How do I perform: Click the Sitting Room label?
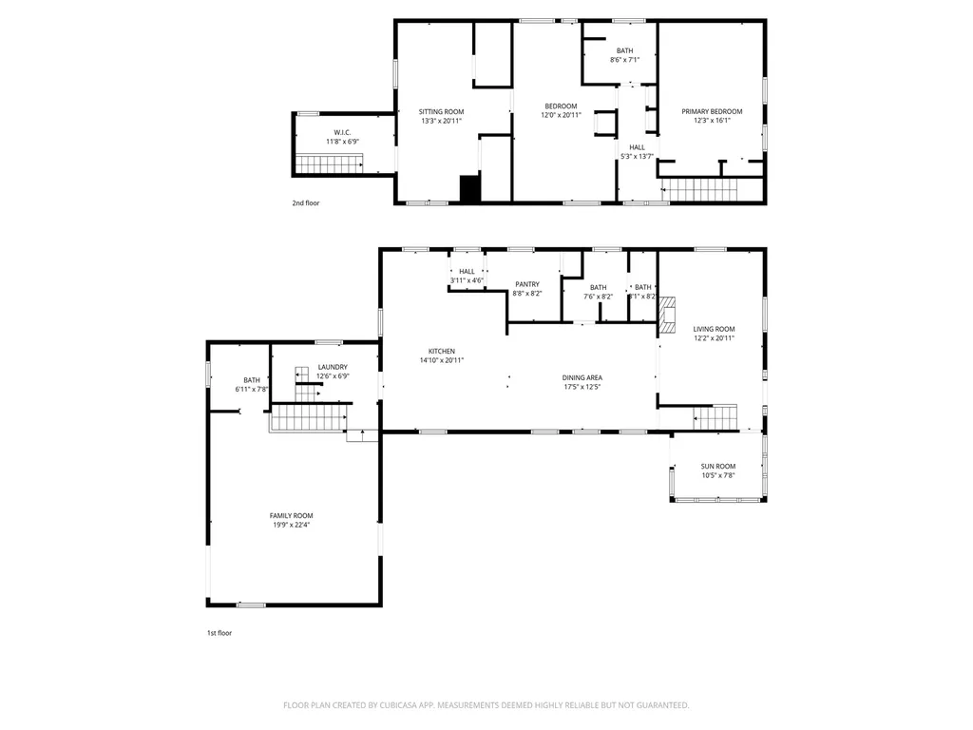tap(441, 112)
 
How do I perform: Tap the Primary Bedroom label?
tap(712, 112)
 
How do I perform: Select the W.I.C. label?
tap(342, 132)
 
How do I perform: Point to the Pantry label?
tap(527, 284)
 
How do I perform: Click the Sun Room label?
tap(718, 466)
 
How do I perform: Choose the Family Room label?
tap(291, 515)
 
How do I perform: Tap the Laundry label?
tap(333, 367)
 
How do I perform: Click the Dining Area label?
tap(582, 377)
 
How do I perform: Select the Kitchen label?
tap(442, 352)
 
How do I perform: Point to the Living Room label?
tap(715, 329)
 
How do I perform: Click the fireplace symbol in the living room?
tap(667, 316)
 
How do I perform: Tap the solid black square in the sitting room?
tap(469, 189)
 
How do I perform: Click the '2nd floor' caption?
tap(306, 203)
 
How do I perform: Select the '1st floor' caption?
tap(219, 633)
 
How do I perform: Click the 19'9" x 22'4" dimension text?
tap(291, 525)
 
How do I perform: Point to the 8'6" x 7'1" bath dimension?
tap(625, 60)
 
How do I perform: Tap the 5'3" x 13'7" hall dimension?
tap(638, 157)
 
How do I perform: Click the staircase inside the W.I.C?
tap(329, 164)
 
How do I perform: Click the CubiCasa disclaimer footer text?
tap(486, 705)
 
